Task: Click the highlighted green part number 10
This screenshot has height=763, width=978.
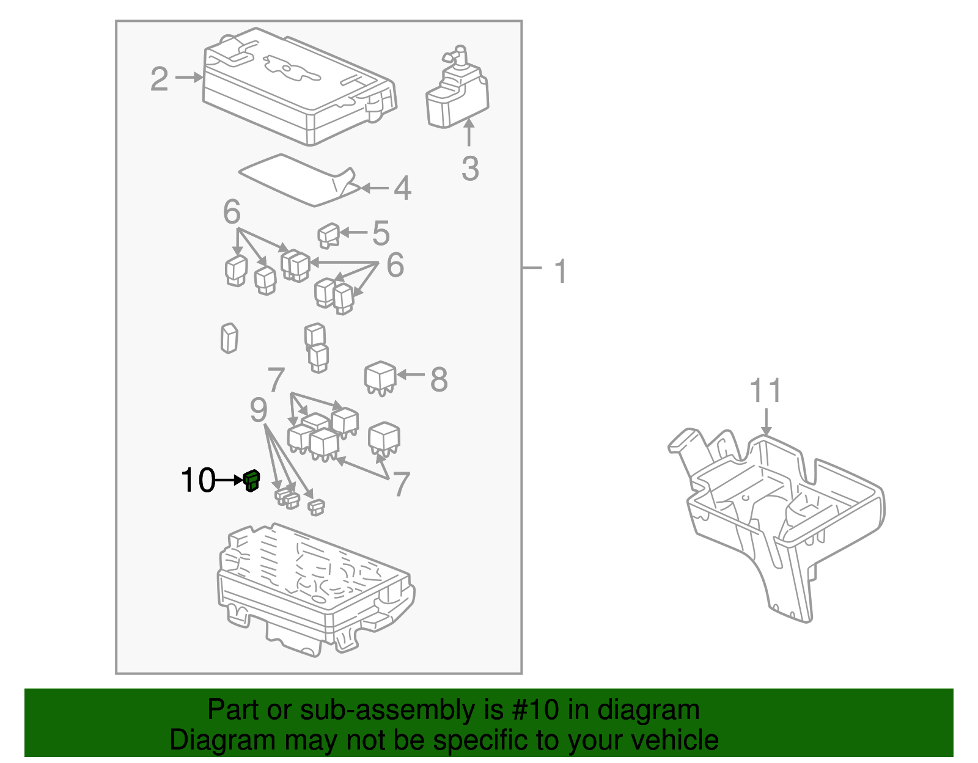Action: coord(251,481)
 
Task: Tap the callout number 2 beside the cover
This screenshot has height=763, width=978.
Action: coord(159,79)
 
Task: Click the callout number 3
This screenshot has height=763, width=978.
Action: coord(469,169)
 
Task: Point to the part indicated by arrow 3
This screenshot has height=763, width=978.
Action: coord(457,92)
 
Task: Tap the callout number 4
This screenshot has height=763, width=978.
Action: coord(402,188)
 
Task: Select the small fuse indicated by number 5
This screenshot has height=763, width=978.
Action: coord(329,235)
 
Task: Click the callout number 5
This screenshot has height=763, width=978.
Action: coord(381,233)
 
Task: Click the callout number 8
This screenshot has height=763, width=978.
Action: coord(439,379)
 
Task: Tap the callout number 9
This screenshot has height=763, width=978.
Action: coord(259,411)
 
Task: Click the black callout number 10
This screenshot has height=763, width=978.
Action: coord(197,481)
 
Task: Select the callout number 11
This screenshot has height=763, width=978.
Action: coord(765,391)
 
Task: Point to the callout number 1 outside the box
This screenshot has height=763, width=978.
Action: coord(560,271)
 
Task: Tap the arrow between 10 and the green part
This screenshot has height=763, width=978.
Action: coord(229,481)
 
